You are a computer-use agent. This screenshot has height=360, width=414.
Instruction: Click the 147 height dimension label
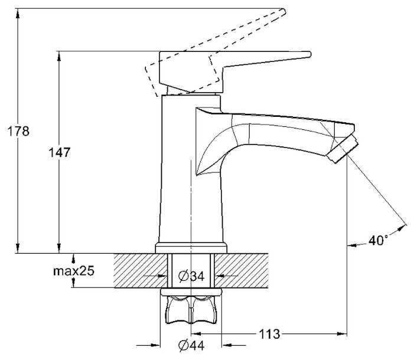(x=59, y=153)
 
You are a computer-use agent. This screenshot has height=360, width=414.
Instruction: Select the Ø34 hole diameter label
(x=190, y=276)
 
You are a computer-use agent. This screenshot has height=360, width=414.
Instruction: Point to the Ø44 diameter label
(x=190, y=345)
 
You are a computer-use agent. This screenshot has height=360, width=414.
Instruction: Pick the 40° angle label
(x=378, y=240)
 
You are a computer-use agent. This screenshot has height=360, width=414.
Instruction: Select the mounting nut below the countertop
(x=190, y=308)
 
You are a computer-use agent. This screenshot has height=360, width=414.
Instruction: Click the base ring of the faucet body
(x=191, y=248)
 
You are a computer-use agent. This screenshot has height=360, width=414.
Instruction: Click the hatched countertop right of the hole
(x=248, y=270)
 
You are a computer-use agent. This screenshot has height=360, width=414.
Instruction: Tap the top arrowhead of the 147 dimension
(x=59, y=55)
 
